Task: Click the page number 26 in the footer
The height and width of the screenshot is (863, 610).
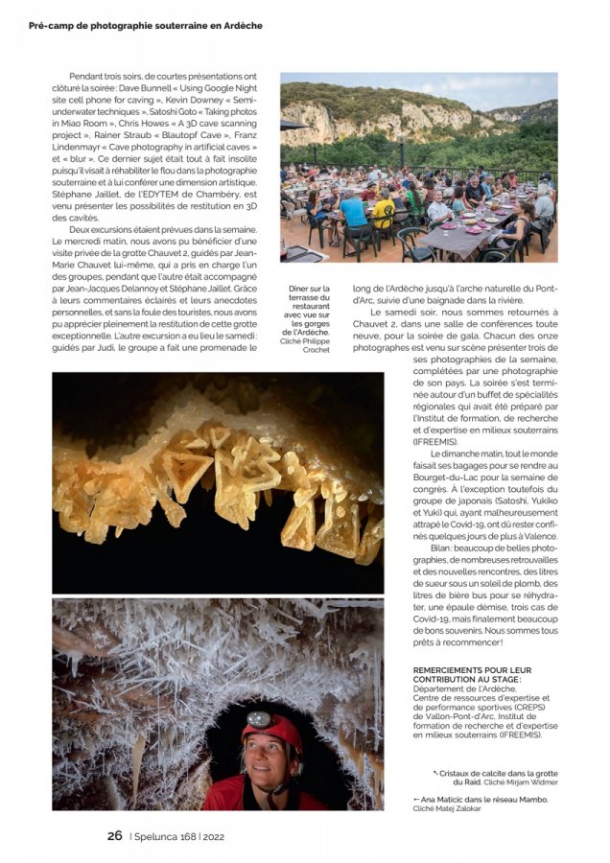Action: tap(114, 835)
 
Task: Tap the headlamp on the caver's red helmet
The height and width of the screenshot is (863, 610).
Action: tap(259, 718)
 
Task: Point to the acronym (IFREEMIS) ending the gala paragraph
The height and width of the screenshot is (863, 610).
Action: tap(436, 441)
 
